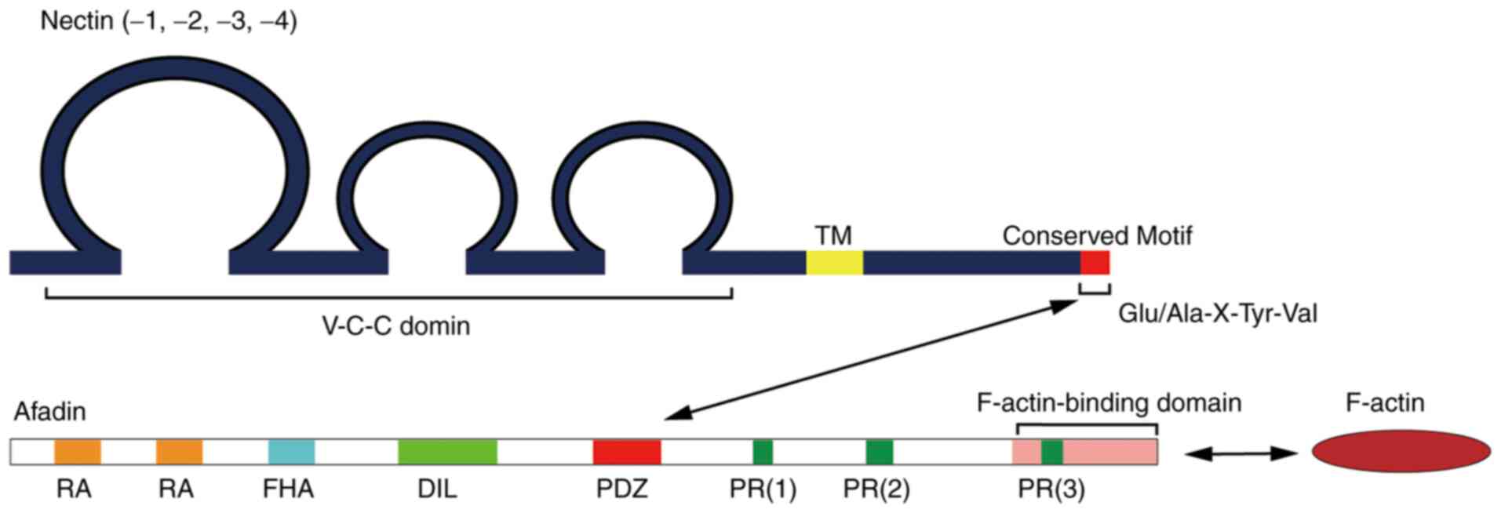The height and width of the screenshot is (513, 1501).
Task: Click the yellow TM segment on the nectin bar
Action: click(834, 262)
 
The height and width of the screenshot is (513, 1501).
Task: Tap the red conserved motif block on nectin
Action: click(1095, 262)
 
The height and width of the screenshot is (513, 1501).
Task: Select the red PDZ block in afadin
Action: click(626, 452)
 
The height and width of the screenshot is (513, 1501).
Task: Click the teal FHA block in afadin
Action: click(291, 452)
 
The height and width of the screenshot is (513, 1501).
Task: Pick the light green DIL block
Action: click(447, 452)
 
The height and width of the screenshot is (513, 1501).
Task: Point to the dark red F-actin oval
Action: click(1401, 451)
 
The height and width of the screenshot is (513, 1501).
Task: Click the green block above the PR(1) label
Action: click(762, 452)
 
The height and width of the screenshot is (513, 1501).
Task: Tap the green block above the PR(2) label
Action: click(879, 452)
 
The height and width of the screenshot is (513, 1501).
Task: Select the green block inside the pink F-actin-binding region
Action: click(1051, 452)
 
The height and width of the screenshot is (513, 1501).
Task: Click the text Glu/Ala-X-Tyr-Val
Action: click(1217, 314)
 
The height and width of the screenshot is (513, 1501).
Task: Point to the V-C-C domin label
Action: click(395, 326)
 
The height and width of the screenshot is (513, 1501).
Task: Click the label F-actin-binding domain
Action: click(1109, 403)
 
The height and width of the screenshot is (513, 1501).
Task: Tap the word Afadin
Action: click(49, 411)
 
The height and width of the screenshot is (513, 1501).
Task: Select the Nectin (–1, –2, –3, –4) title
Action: click(168, 21)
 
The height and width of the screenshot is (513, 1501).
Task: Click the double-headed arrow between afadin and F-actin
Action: click(1240, 453)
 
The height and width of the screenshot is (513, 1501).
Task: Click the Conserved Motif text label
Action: click(1097, 235)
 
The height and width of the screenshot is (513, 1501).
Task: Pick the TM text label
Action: click(832, 235)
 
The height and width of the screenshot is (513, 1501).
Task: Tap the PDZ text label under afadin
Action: click(621, 489)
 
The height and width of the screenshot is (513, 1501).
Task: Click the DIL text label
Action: click(436, 489)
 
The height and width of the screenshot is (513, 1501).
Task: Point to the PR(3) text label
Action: click(1051, 489)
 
